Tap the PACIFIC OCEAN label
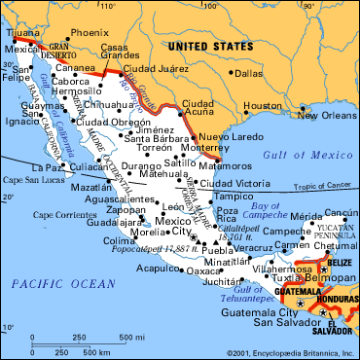(46, 283)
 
